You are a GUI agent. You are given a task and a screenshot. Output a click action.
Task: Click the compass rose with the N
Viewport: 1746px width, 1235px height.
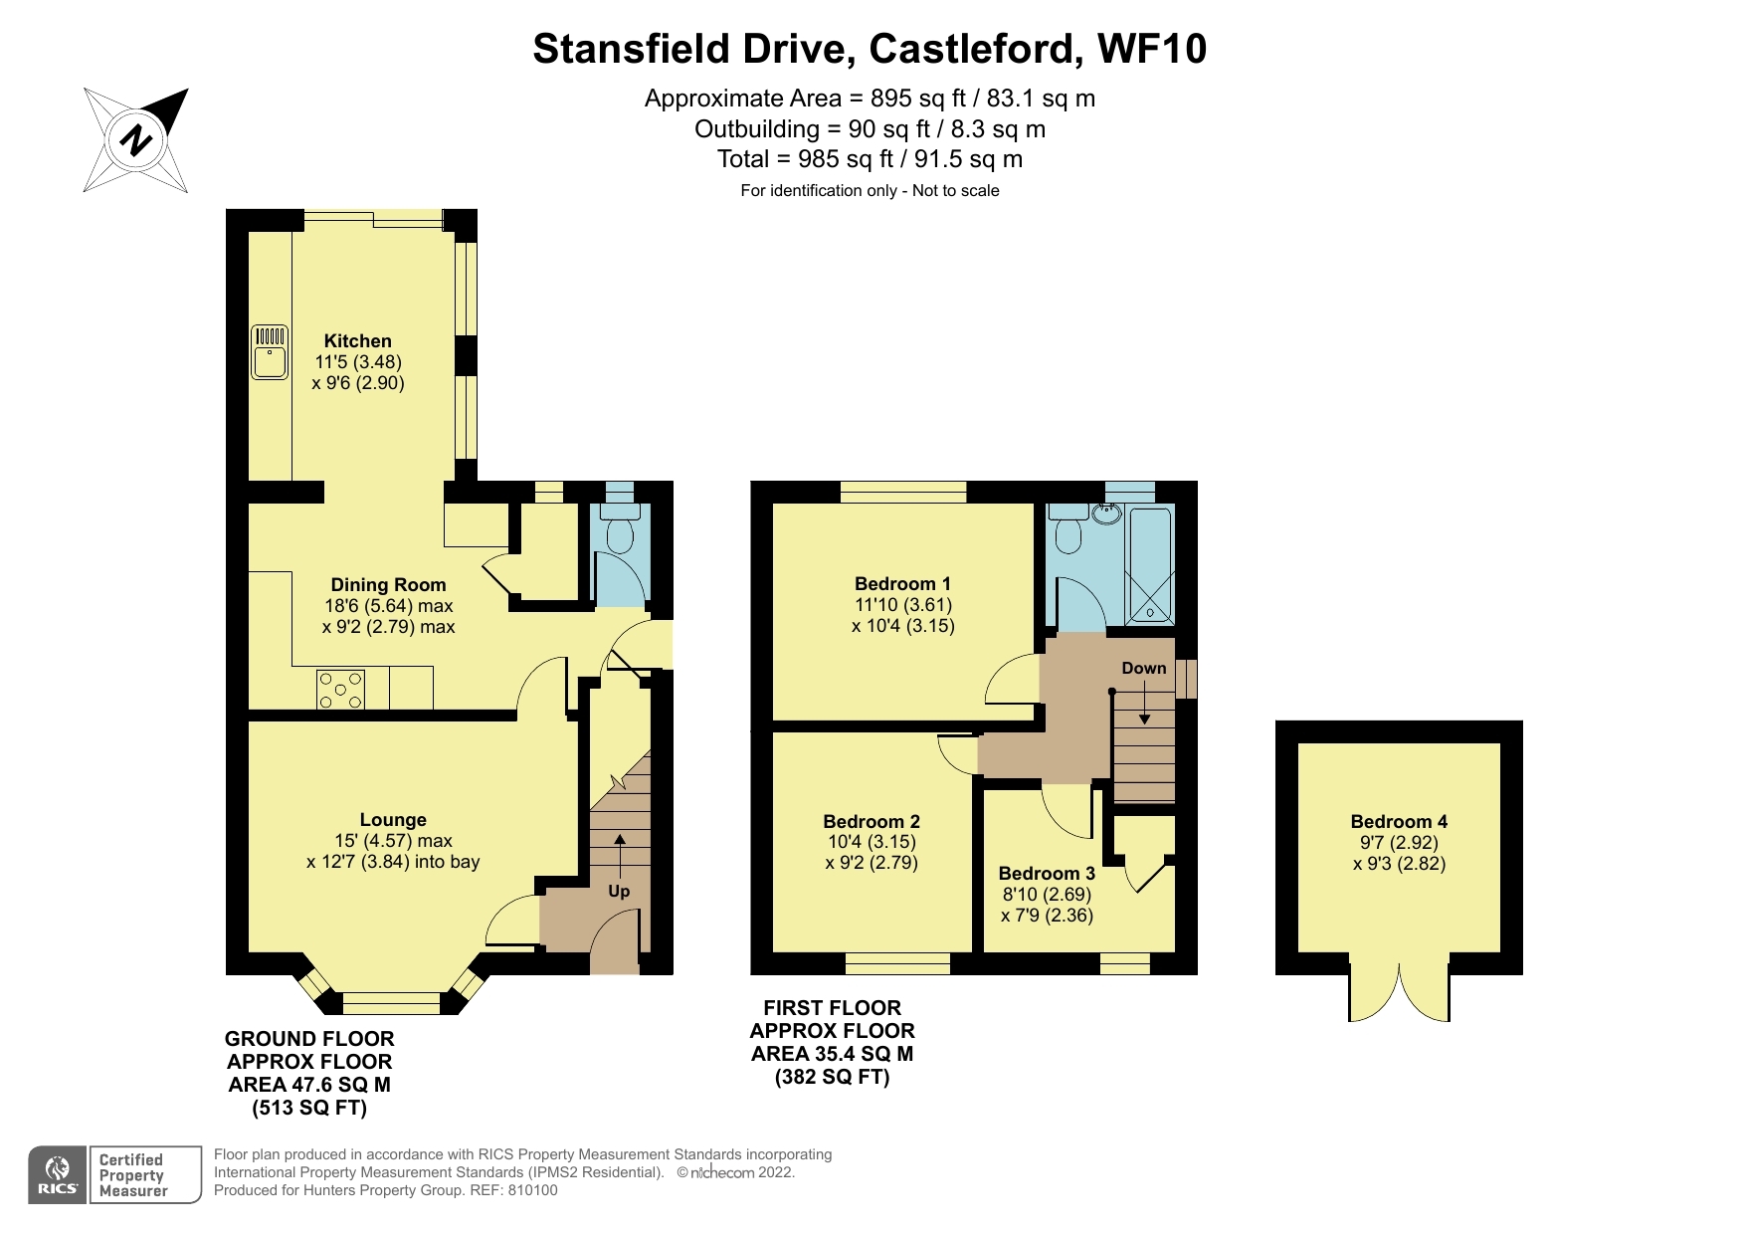136,139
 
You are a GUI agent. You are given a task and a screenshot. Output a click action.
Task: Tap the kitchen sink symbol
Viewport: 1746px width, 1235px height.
270,351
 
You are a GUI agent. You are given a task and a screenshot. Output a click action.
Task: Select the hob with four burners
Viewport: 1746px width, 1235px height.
340,690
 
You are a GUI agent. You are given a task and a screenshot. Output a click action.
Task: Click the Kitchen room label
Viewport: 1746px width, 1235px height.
357,341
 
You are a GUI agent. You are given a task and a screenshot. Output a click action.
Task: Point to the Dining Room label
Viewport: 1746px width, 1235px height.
388,585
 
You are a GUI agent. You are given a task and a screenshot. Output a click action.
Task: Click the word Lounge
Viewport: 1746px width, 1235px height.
393,820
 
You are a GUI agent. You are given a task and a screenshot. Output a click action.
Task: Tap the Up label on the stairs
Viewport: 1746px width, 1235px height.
619,891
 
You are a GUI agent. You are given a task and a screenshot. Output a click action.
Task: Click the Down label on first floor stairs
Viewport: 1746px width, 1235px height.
1143,669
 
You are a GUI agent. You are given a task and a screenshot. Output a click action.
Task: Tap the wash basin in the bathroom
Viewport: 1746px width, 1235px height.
1106,514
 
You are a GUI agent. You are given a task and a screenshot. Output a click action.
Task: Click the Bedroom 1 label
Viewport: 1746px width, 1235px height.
902,584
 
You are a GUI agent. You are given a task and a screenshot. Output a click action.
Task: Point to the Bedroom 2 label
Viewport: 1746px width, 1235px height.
872,821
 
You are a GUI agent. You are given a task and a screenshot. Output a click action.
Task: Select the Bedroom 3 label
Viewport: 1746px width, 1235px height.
1047,873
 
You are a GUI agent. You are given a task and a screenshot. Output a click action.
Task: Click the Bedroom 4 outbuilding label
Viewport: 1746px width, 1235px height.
1399,821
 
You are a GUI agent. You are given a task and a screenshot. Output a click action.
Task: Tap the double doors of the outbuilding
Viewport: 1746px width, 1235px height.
1399,990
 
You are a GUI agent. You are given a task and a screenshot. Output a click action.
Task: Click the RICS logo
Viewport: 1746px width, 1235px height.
58,1174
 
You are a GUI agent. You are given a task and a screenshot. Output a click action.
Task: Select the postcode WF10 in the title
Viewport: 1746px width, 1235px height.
1151,49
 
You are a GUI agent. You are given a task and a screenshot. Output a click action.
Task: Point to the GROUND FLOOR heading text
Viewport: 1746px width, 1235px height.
309,1039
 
